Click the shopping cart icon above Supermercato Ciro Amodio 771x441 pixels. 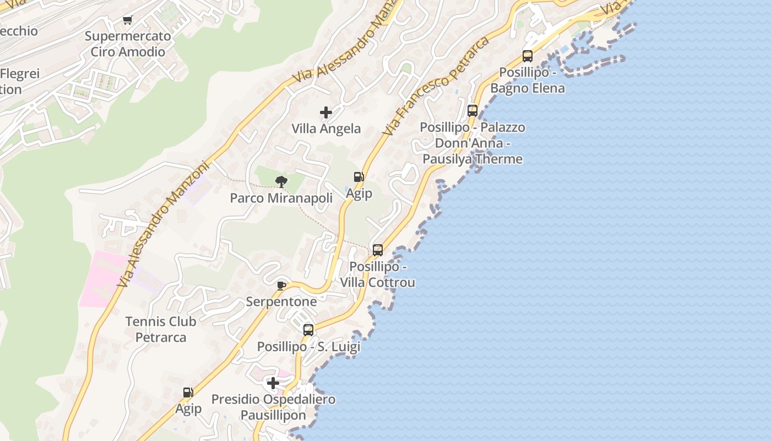[x=128, y=20]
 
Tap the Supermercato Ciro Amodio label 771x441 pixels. [x=128, y=44]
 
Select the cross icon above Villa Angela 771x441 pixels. [x=326, y=112]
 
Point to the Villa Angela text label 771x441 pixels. [x=326, y=129]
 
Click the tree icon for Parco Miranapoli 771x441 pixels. [x=281, y=181]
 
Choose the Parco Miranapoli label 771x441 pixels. [x=281, y=198]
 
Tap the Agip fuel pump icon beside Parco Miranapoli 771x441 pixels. [x=359, y=177]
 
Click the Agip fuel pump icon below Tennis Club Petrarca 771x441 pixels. [x=188, y=392]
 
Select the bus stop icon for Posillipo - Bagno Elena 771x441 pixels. [x=527, y=56]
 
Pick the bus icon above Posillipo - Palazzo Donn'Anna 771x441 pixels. [x=472, y=110]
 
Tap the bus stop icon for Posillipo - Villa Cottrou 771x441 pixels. [x=377, y=250]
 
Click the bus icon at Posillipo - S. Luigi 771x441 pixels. [x=308, y=330]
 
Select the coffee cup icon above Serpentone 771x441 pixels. [x=281, y=285]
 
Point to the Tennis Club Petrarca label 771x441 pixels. [x=161, y=329]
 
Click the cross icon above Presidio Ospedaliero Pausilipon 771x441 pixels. [x=273, y=383]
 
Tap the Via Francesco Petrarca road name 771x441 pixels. [x=436, y=87]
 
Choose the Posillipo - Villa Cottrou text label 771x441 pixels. [x=377, y=275]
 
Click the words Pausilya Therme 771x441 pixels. [x=473, y=159]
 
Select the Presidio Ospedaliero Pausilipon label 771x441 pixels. [x=273, y=407]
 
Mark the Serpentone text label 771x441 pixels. [x=281, y=302]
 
